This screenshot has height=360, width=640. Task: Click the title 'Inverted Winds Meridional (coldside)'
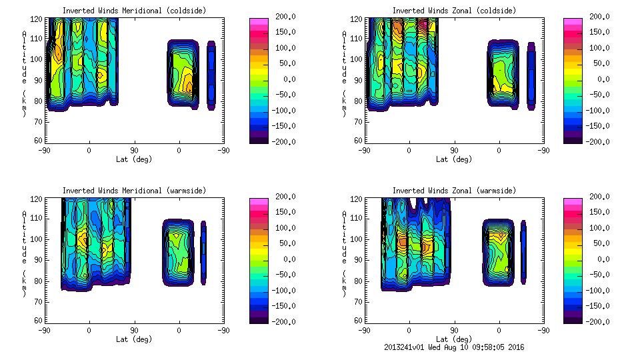tap(134, 11)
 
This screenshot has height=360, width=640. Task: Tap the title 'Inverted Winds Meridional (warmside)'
tap(134, 191)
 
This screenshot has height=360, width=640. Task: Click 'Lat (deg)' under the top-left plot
tap(134, 159)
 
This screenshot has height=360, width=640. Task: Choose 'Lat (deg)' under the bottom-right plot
tap(453, 339)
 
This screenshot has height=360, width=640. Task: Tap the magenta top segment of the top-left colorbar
tap(259, 21)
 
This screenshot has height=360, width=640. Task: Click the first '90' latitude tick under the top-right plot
tap(454, 151)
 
